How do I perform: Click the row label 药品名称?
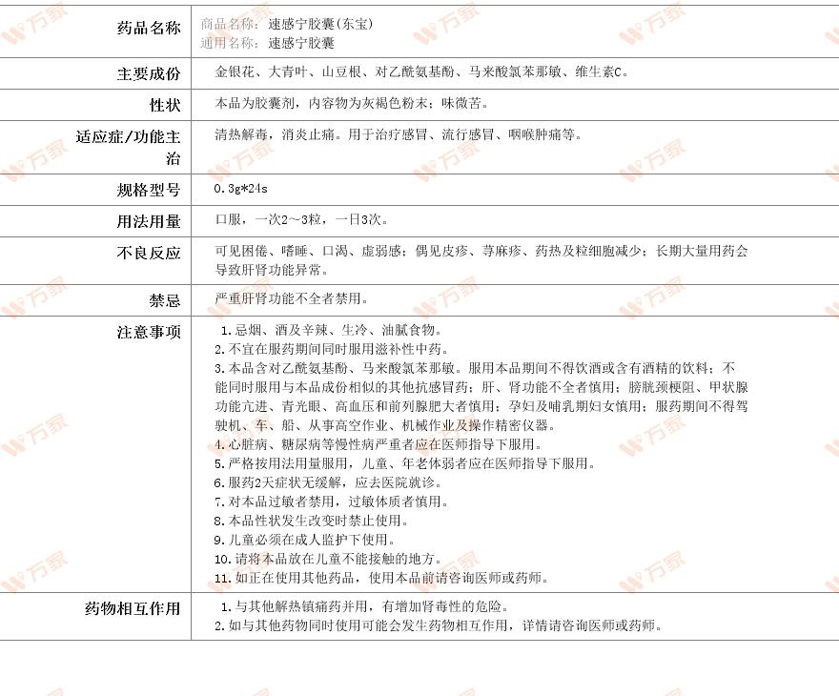[148, 28]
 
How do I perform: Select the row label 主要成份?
[148, 73]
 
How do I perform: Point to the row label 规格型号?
[148, 190]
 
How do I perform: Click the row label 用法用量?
[148, 221]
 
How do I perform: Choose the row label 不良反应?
[148, 253]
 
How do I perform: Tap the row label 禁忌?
[164, 300]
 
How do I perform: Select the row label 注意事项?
[148, 332]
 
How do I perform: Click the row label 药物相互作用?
[133, 608]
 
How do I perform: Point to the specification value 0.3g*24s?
[242, 190]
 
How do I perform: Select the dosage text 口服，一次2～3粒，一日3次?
[301, 220]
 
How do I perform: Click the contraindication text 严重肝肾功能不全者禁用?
[292, 299]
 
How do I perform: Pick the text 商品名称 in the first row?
[230, 24]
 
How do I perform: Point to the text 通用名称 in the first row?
[230, 43]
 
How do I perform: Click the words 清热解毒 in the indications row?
[242, 135]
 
